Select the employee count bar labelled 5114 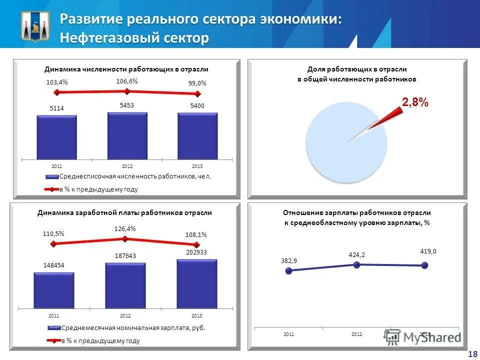56,137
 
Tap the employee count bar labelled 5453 127,135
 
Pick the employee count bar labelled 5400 197,136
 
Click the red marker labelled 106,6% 127,91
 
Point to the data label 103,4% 56,82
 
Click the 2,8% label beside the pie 415,102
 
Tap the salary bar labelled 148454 54,290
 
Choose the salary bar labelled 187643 125,285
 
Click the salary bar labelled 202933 196,283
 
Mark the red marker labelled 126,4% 125,238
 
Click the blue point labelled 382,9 288,271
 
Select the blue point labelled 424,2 356,264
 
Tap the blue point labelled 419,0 424,265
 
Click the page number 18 471,354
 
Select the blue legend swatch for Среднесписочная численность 52,176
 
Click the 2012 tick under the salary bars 125,316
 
